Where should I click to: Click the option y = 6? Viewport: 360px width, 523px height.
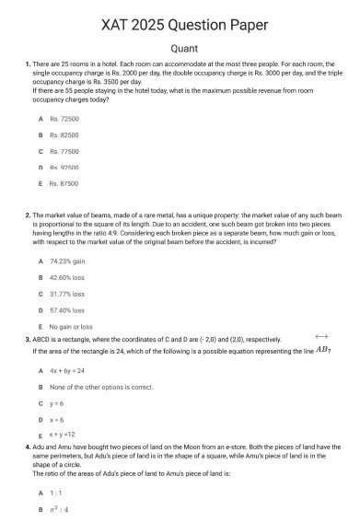click(x=57, y=403)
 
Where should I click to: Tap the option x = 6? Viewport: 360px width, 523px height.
click(x=57, y=419)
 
